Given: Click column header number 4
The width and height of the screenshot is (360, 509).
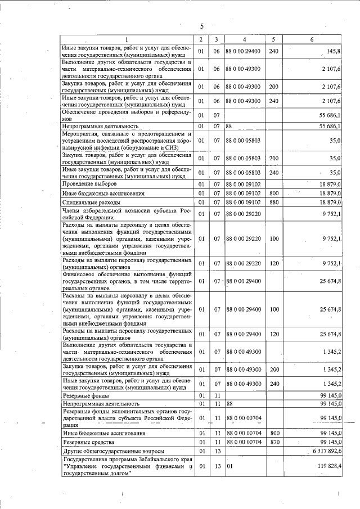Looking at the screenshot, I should coord(244,39).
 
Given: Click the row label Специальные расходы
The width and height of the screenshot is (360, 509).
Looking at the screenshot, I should coord(92,202).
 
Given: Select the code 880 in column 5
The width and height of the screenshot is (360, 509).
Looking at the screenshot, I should coord(274,202).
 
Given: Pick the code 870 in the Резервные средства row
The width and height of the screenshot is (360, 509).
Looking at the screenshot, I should coord(274,443).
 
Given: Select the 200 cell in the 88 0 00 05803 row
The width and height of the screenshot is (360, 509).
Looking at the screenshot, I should coord(274,159).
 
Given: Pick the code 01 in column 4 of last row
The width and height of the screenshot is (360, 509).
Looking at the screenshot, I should coord(229,466).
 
